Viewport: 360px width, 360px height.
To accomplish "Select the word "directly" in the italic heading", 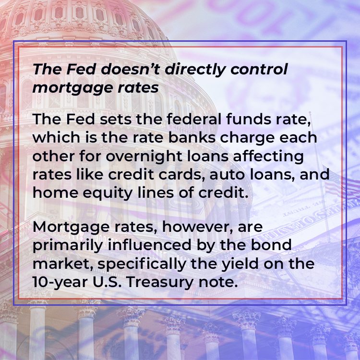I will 188,70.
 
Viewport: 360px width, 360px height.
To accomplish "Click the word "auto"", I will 230,173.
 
